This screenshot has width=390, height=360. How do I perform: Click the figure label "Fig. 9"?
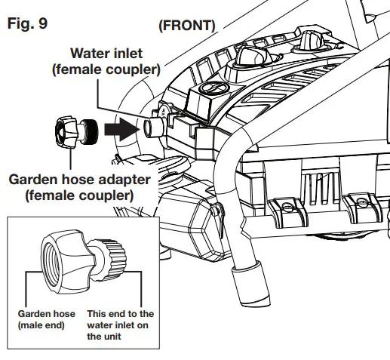pos(27,23)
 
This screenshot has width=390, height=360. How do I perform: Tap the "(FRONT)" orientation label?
pos(187,25)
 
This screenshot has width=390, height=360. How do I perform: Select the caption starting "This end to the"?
pos(121,313)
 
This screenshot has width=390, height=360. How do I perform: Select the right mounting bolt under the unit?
pos(361,203)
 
